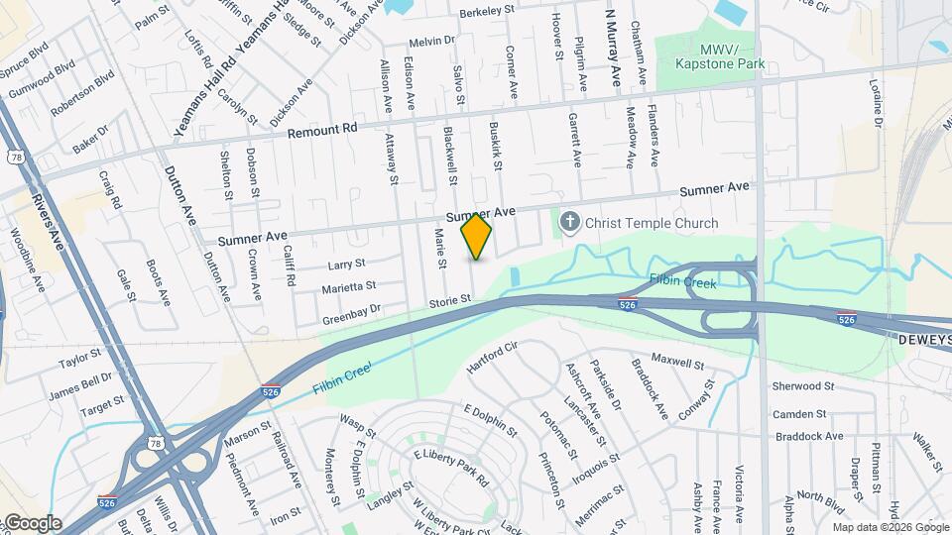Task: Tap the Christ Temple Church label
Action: click(x=651, y=223)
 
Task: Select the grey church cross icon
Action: click(x=569, y=223)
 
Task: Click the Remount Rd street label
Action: click(x=321, y=131)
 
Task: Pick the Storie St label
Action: click(x=449, y=300)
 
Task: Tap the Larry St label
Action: click(x=347, y=266)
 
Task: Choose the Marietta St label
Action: click(x=348, y=287)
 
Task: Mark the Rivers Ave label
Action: click(x=45, y=219)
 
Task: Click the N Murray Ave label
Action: click(x=613, y=48)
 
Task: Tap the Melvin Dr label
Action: click(x=431, y=42)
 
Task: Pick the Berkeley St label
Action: click(x=488, y=12)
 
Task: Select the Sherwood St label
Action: click(x=803, y=385)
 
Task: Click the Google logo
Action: click(x=32, y=523)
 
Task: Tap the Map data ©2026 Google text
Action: click(x=890, y=526)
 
